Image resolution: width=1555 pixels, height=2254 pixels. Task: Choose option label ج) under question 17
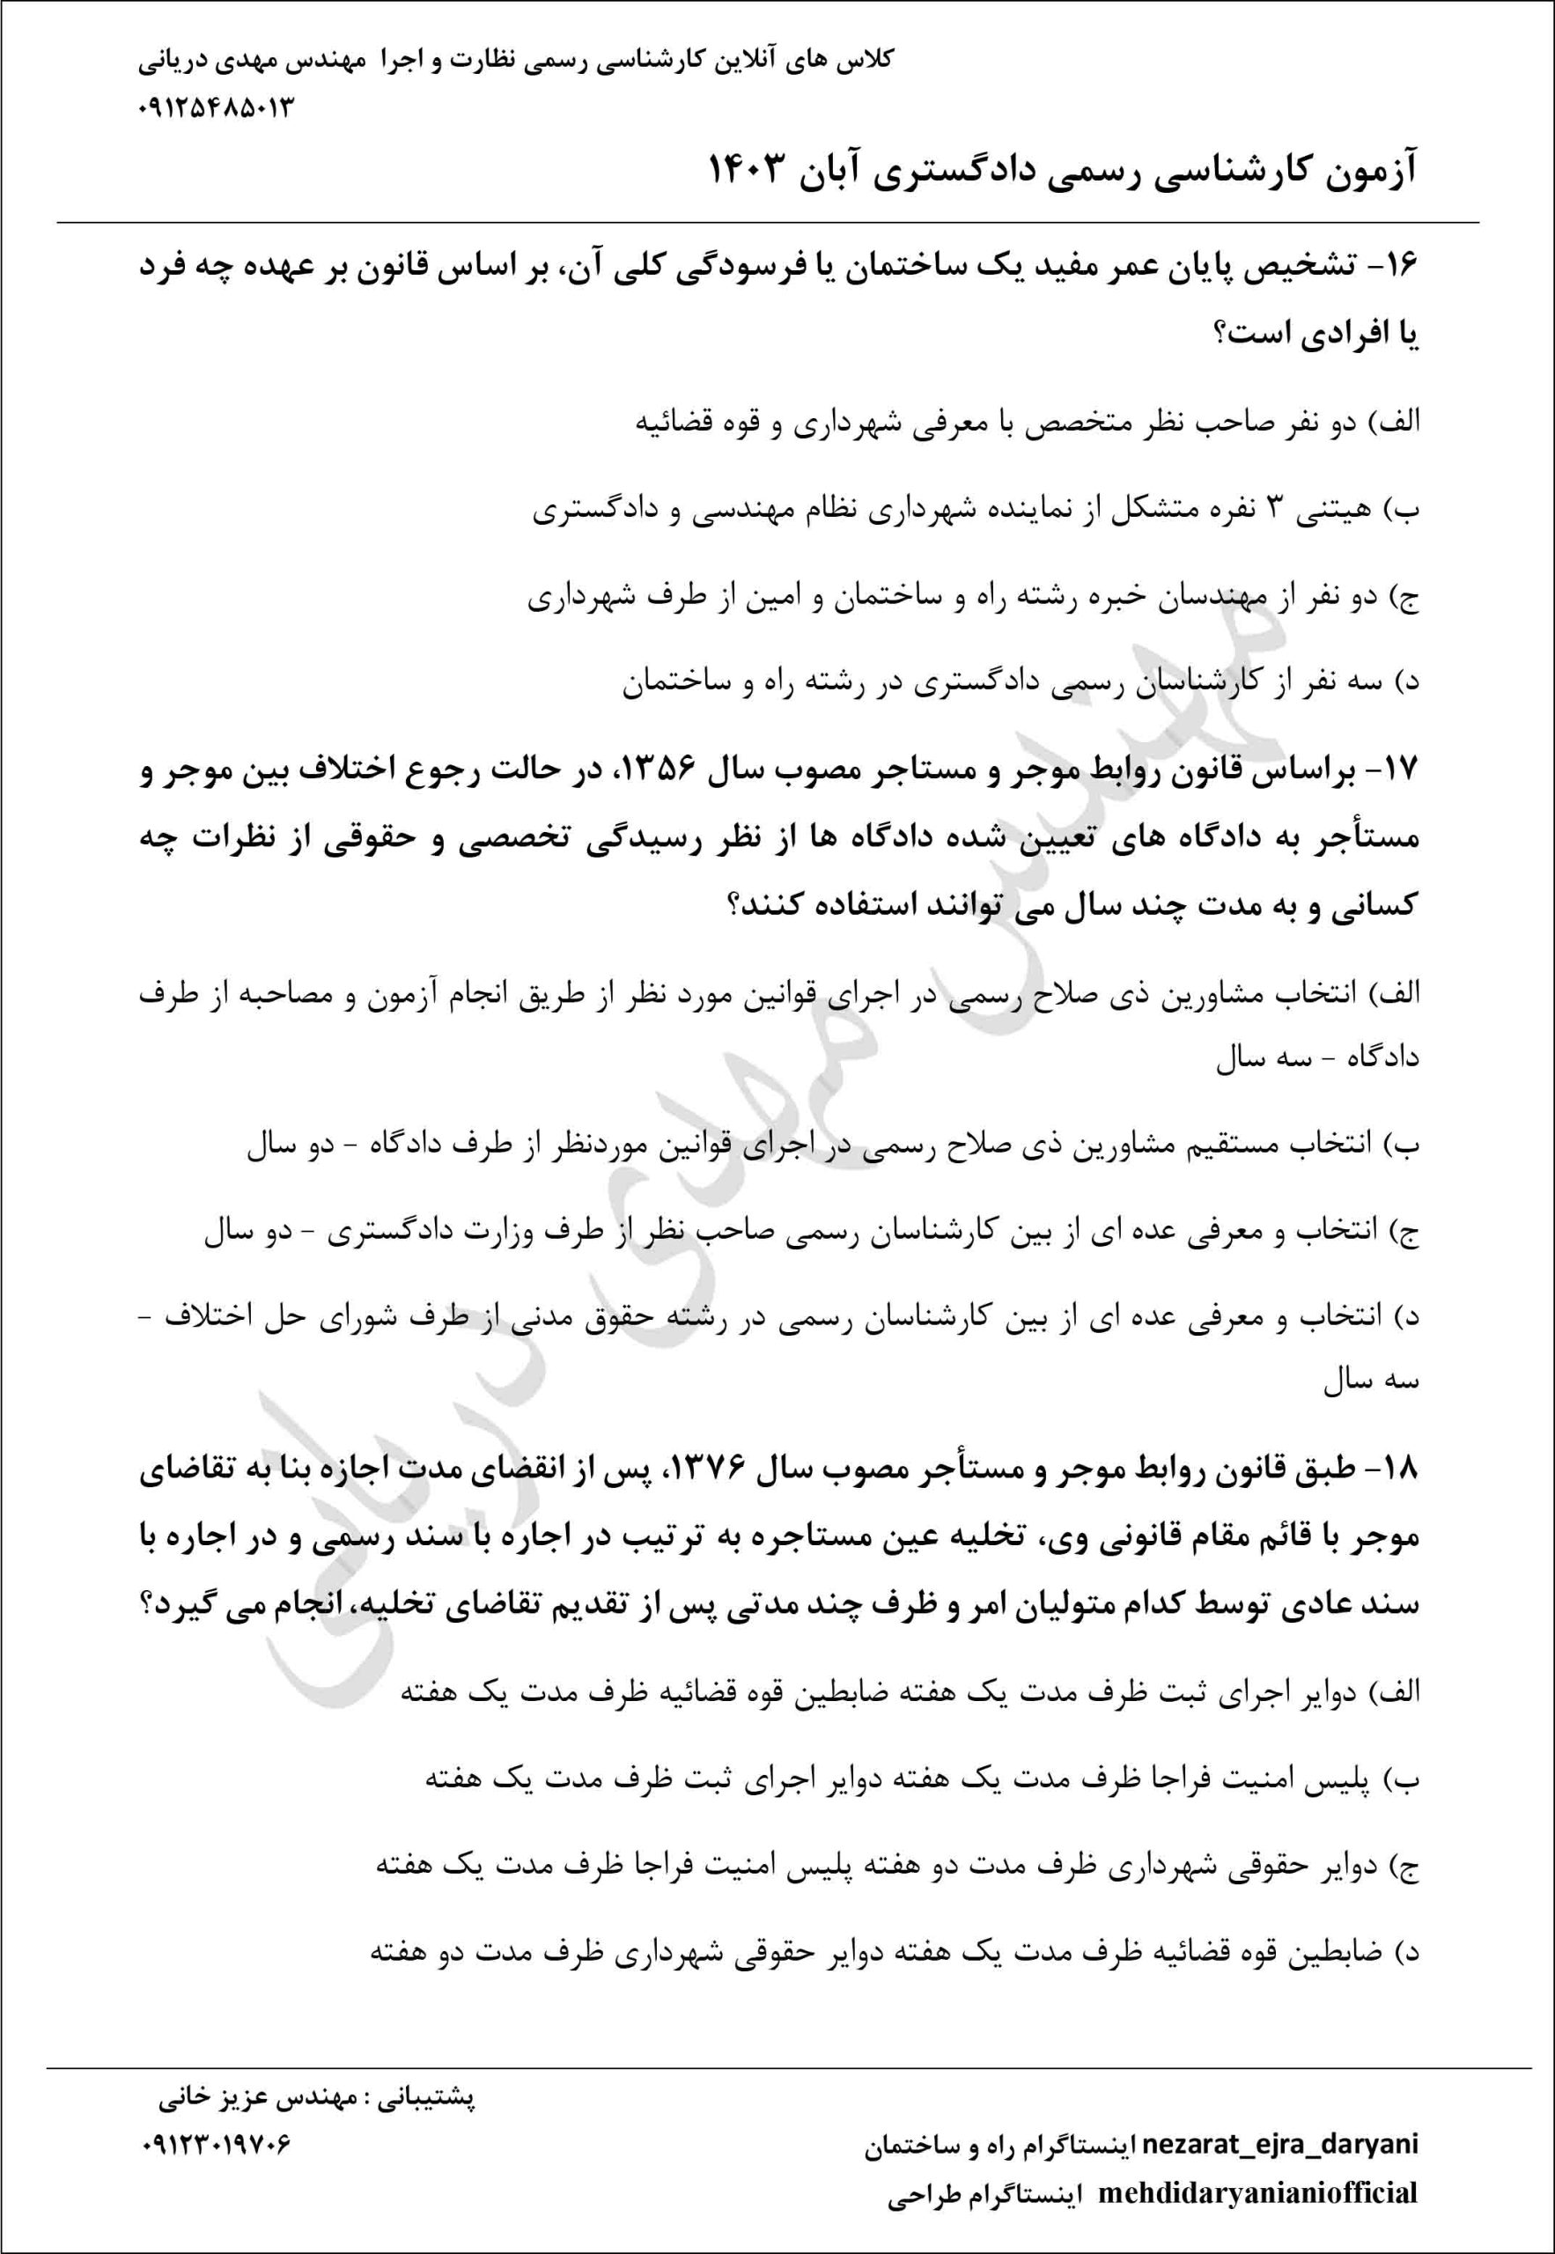click(x=1409, y=1232)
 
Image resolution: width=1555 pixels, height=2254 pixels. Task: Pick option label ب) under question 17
click(x=1407, y=1145)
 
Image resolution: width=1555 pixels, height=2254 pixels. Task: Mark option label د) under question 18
click(x=1409, y=1953)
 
